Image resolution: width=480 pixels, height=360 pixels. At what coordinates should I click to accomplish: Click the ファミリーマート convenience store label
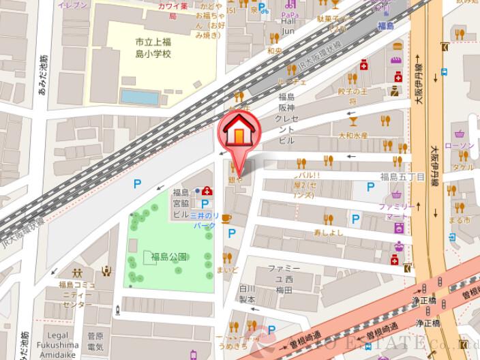tap(396, 211)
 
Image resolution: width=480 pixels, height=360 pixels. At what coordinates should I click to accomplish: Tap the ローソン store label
tap(458, 147)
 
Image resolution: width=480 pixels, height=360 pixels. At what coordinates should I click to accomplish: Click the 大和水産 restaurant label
tap(353, 136)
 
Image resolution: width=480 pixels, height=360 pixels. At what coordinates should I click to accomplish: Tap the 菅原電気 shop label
tap(95, 341)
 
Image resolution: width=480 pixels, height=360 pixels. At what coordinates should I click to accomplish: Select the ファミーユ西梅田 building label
tap(280, 279)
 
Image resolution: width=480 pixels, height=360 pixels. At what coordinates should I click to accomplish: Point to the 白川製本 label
tap(247, 294)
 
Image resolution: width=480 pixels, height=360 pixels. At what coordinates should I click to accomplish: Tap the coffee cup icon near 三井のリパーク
tap(226, 217)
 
